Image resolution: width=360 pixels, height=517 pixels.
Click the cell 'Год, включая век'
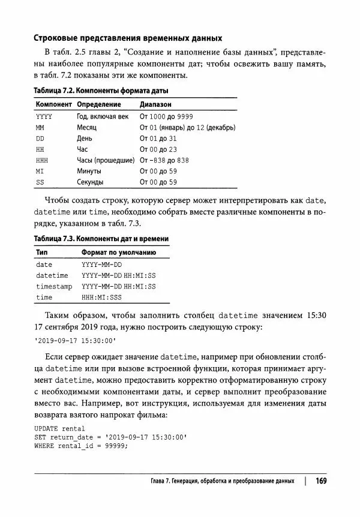103,116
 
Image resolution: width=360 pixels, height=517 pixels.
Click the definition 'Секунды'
90,182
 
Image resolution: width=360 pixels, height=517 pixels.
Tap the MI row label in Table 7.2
40,171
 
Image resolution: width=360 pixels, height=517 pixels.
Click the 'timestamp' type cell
53,286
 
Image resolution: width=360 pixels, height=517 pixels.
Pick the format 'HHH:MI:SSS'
101,297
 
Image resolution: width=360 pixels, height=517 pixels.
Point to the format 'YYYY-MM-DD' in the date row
101,264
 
